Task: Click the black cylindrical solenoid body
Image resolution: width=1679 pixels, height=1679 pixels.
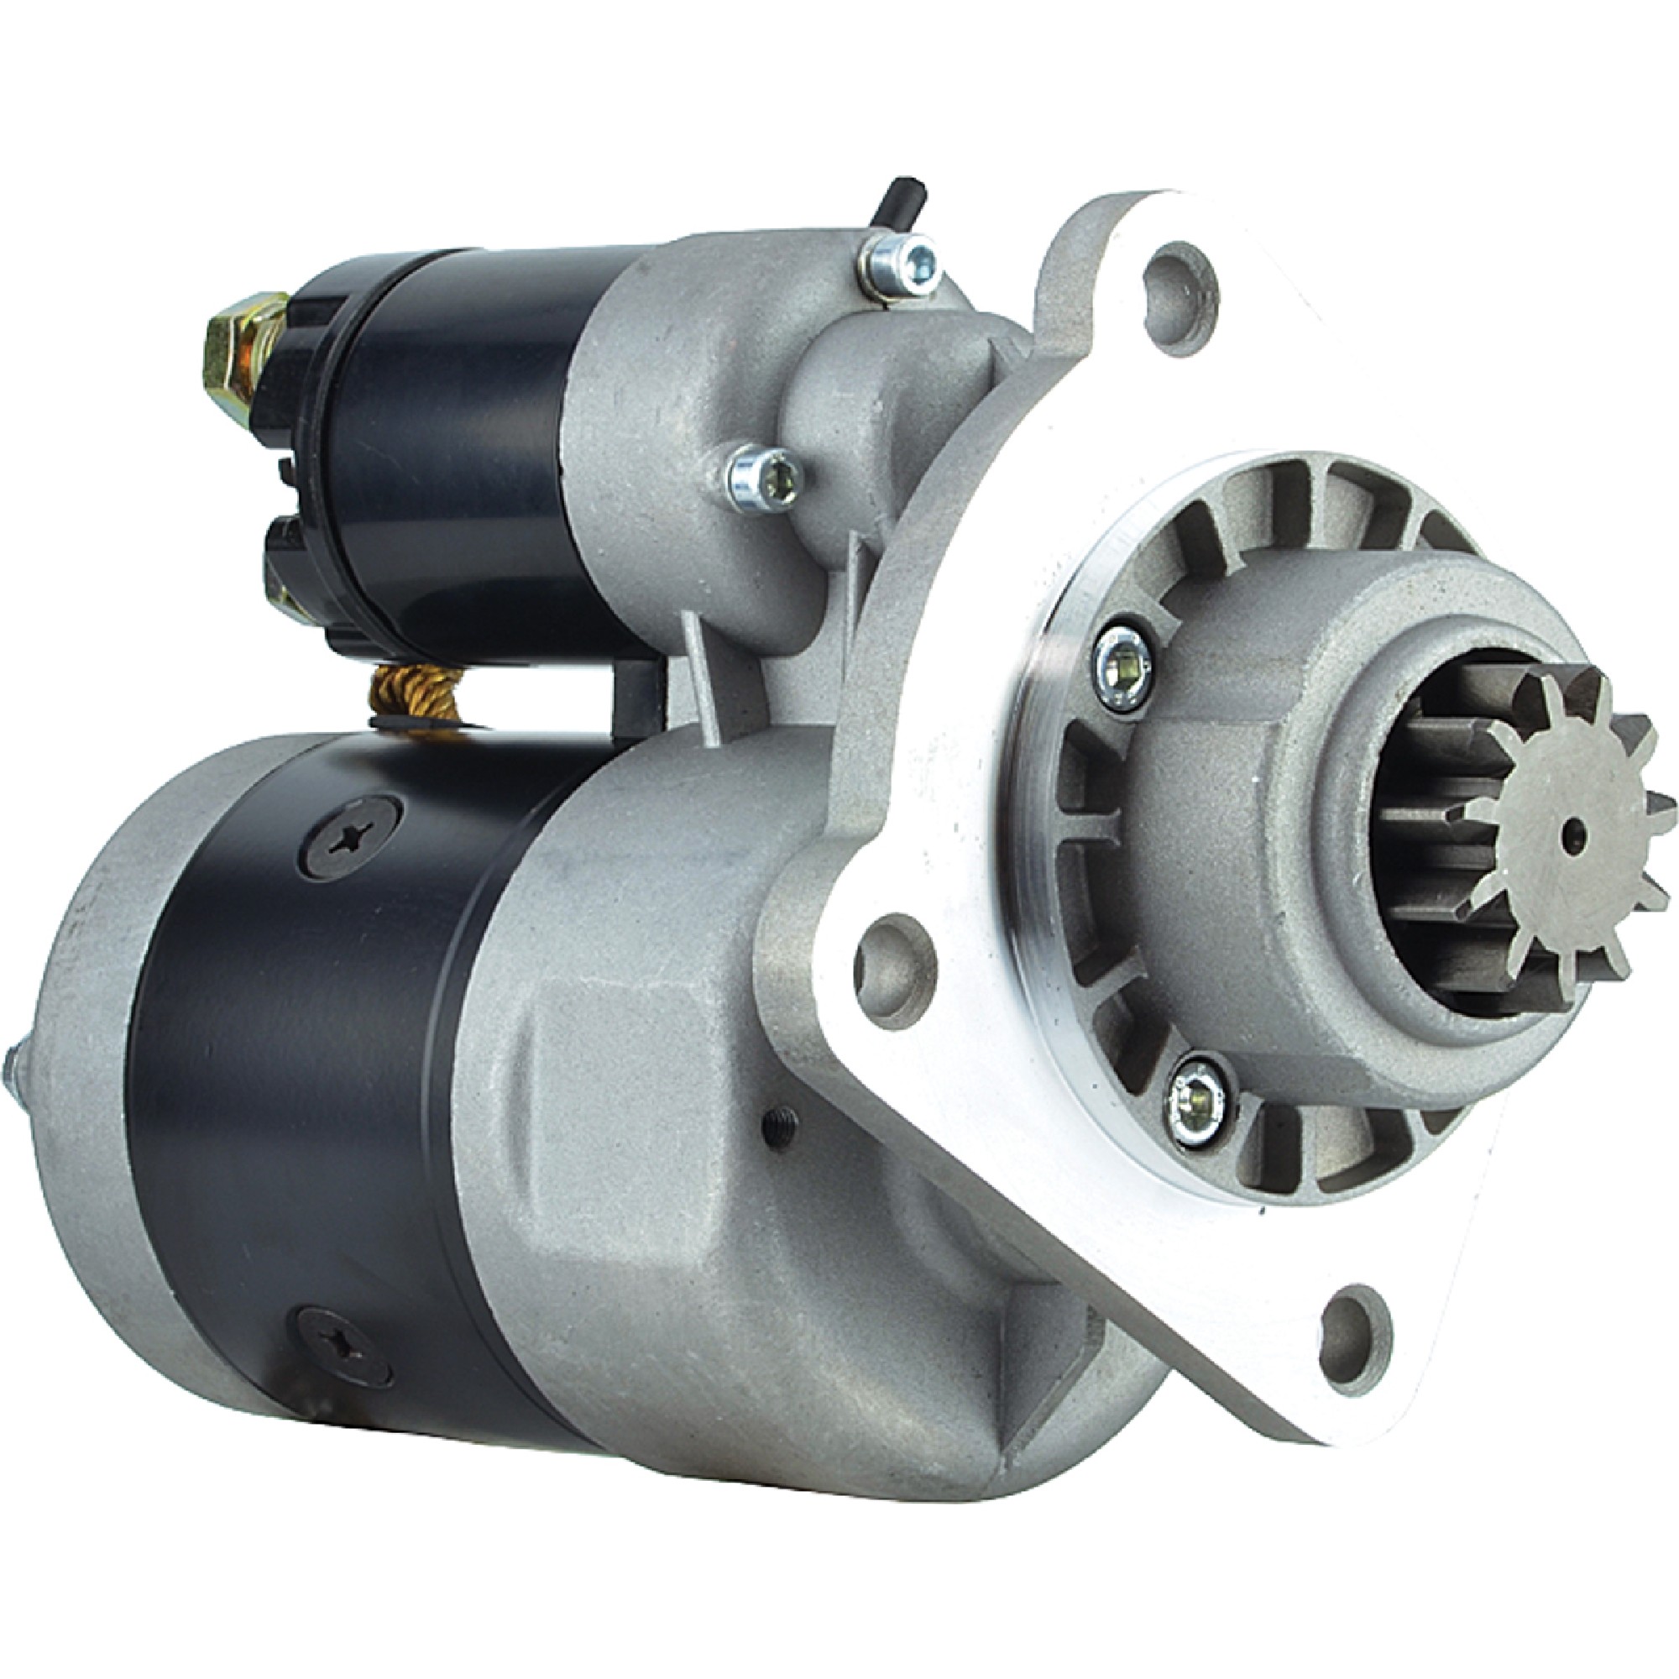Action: click(x=452, y=435)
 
